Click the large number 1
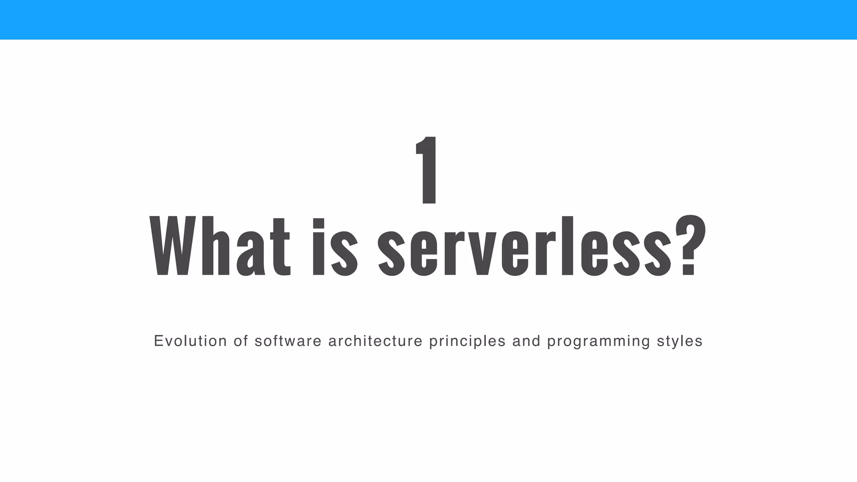[428, 170]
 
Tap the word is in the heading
[335, 247]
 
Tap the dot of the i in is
[319, 224]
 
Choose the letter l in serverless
[567, 246]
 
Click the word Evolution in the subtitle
[190, 341]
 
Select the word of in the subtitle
[241, 341]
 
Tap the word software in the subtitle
[288, 341]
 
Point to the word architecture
[375, 341]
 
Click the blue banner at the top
[428, 20]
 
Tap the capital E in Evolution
[158, 341]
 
